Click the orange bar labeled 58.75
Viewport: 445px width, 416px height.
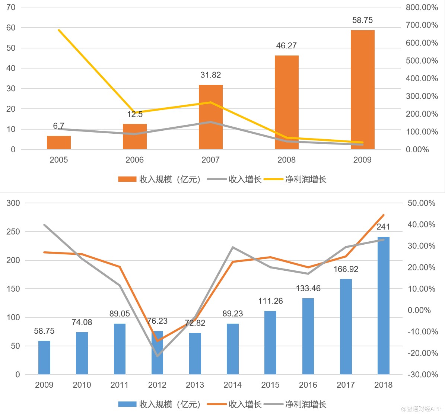(362, 89)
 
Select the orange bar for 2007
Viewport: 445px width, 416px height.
(210, 117)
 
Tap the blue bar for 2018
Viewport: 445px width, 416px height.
(383, 305)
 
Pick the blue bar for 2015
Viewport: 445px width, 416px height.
(270, 343)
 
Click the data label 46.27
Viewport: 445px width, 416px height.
(286, 46)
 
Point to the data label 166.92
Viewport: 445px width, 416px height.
(346, 269)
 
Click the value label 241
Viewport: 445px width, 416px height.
(383, 227)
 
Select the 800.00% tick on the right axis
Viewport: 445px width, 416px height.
(422, 7)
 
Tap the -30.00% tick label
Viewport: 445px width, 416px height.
(423, 375)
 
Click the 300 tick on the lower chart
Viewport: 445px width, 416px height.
(13, 203)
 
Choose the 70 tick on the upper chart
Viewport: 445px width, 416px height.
(11, 7)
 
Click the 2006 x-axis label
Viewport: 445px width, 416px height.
(134, 160)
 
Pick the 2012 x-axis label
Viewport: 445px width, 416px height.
(157, 385)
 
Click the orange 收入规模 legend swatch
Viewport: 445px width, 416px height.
(127, 180)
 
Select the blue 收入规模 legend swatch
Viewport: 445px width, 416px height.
(127, 404)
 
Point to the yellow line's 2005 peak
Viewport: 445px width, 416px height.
(59, 30)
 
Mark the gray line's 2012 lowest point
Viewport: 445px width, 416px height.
(157, 356)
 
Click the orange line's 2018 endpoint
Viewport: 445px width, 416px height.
(383, 215)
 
